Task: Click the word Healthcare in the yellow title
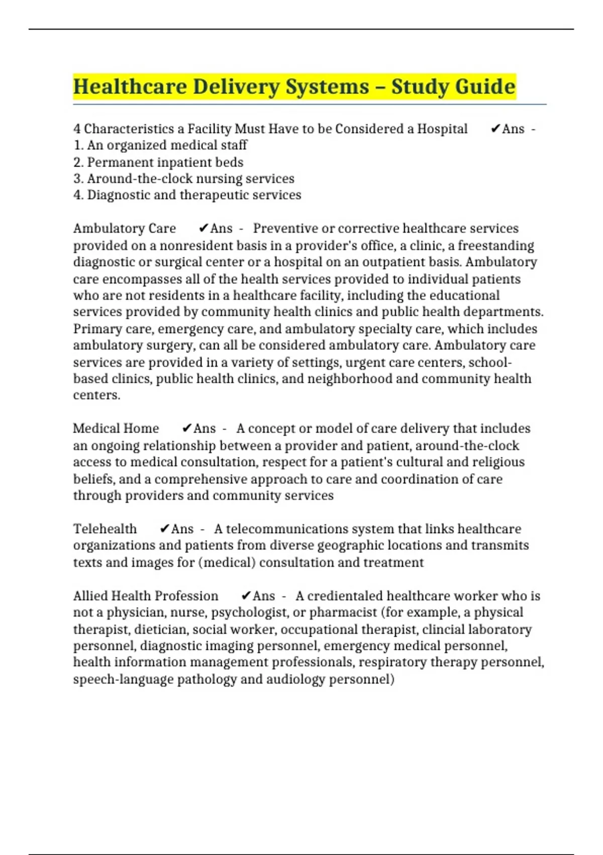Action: (130, 87)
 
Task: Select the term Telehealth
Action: (105, 529)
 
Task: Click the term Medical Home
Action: (116, 429)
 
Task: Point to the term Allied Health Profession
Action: (146, 596)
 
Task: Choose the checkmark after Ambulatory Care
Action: (203, 229)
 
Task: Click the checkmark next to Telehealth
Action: (164, 529)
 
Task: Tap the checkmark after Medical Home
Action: (186, 429)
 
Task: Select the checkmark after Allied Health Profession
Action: (246, 596)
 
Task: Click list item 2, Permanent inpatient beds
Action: (158, 162)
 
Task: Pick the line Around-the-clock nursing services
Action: (184, 179)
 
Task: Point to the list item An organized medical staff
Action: (160, 145)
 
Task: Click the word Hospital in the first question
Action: (442, 129)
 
